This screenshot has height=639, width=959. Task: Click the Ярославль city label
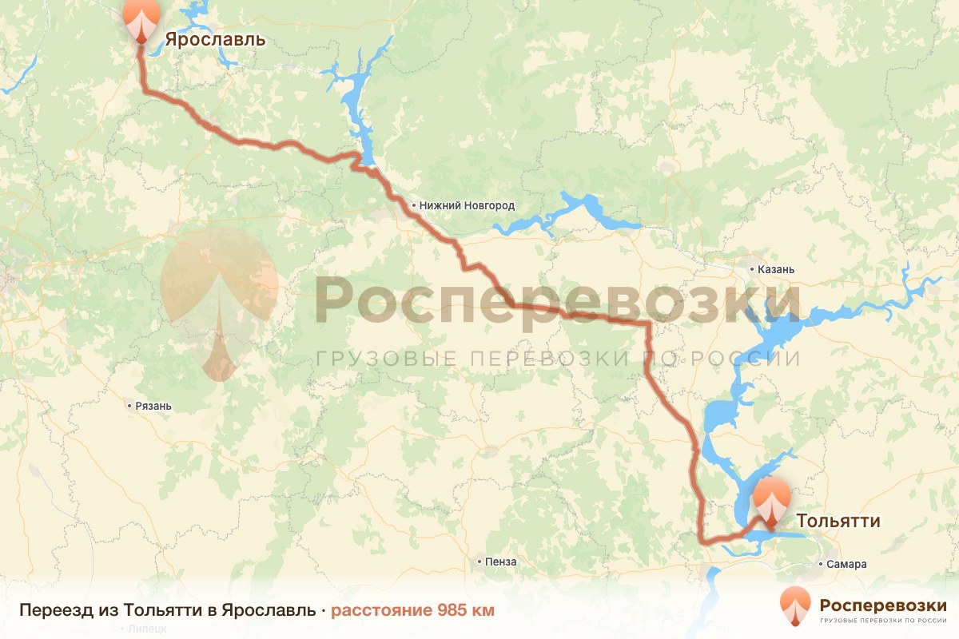[x=215, y=39]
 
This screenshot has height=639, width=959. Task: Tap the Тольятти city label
[x=838, y=522]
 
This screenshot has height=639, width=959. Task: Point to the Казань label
[x=777, y=269]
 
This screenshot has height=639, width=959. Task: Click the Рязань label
[x=153, y=406]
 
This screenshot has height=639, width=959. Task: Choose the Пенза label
[x=501, y=562]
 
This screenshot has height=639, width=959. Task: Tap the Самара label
[x=847, y=564]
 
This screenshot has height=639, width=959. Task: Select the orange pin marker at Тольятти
[x=771, y=502]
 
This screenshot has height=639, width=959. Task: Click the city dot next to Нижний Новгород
[x=413, y=206]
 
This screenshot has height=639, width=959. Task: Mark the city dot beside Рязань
[x=129, y=406]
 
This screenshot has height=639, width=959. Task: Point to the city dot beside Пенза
[x=479, y=562]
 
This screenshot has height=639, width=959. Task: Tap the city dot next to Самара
[x=822, y=564]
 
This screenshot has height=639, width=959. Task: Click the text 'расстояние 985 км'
[x=412, y=611]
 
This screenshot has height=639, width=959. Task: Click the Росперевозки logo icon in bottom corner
[x=795, y=606]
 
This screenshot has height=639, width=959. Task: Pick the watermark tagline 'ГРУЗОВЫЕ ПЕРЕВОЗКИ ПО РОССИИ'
[x=557, y=359]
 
